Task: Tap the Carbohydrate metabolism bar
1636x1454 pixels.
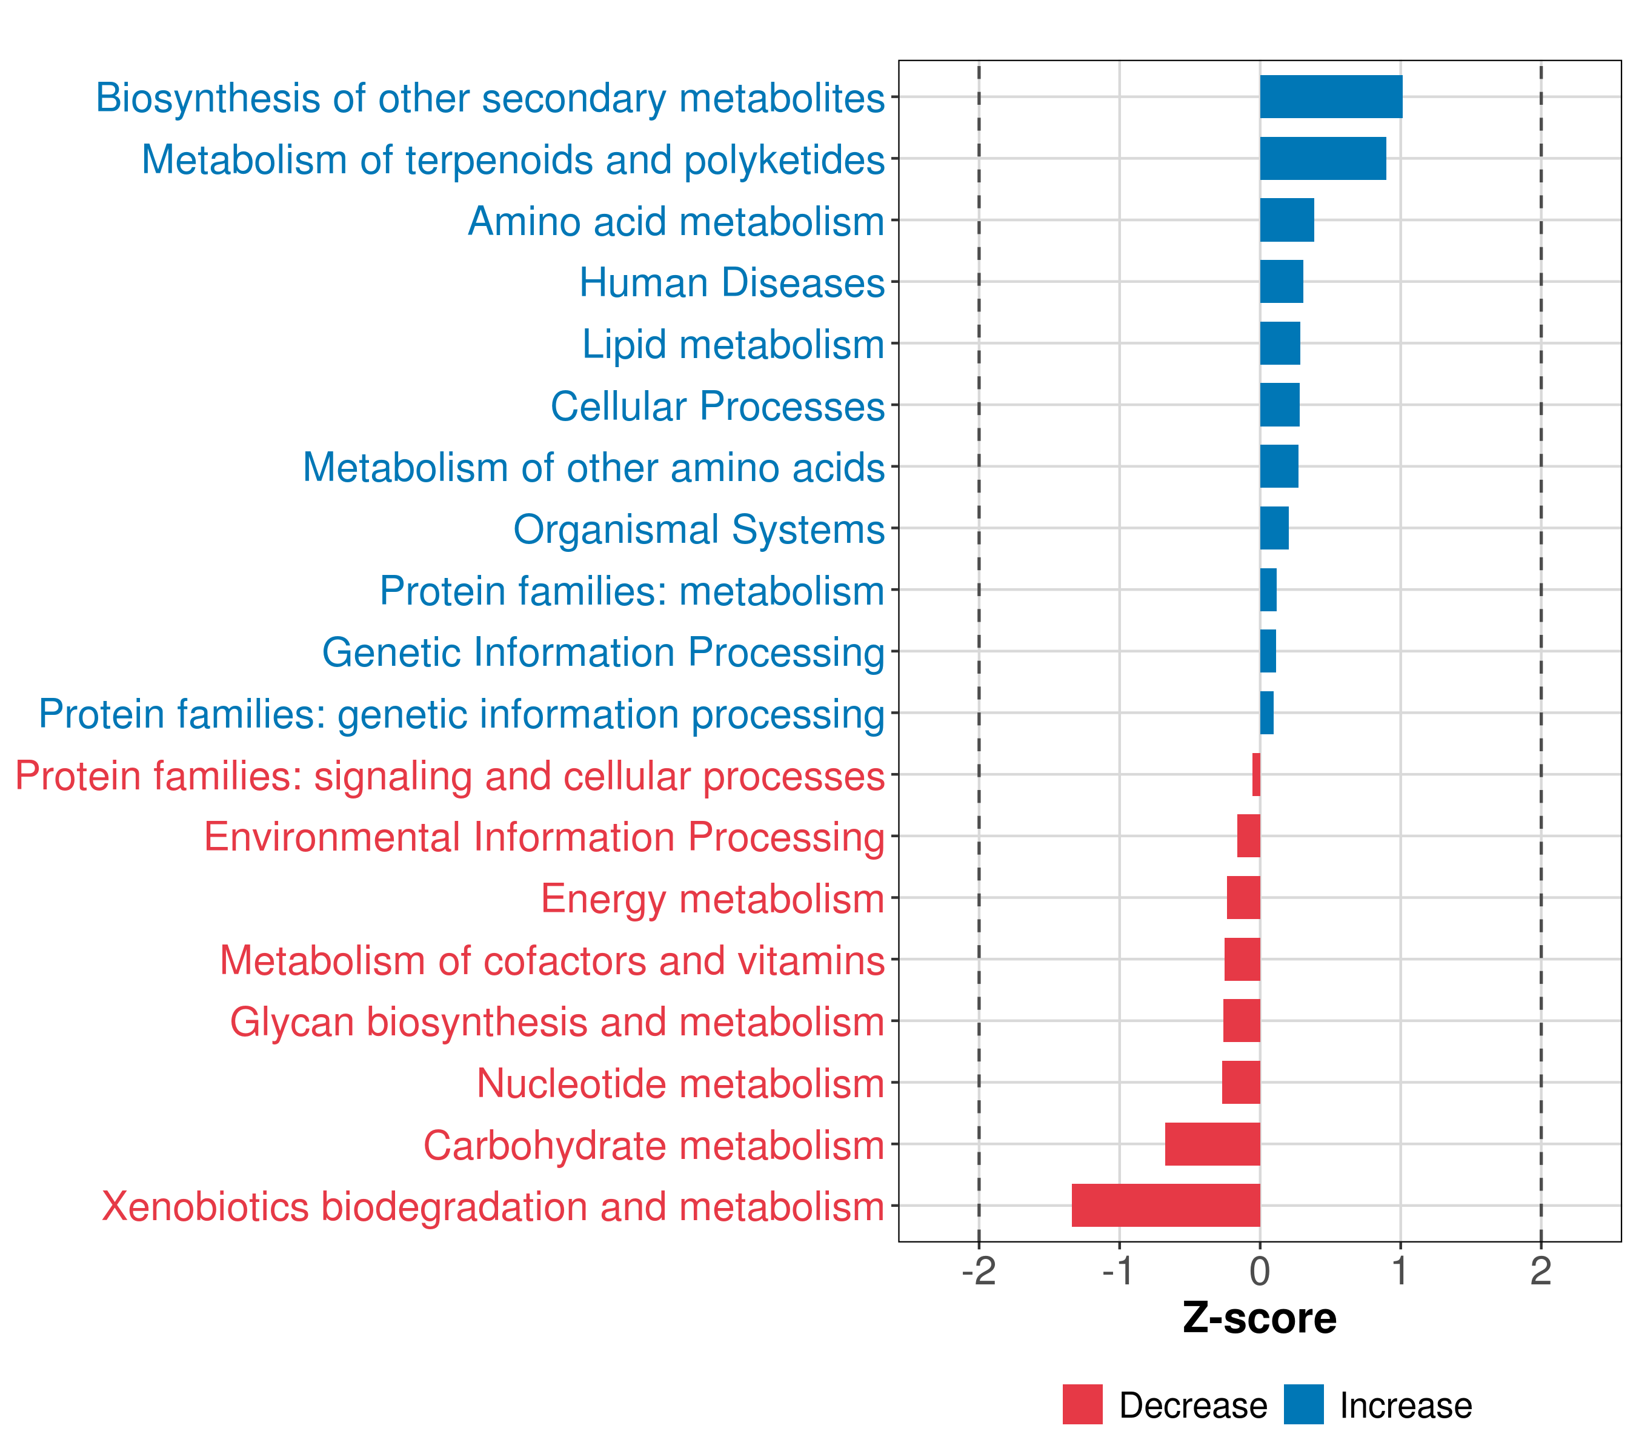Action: pyautogui.click(x=1212, y=1144)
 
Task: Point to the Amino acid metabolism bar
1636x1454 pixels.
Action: pyautogui.click(x=1286, y=220)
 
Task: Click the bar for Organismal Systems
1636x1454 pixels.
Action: pyautogui.click(x=1274, y=528)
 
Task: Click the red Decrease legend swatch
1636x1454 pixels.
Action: pyautogui.click(x=1082, y=1404)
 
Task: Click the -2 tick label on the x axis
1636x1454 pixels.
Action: pyautogui.click(x=978, y=1272)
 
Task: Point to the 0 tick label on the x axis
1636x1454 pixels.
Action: pyautogui.click(x=1260, y=1272)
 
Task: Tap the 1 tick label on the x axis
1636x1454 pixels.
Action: pyautogui.click(x=1400, y=1272)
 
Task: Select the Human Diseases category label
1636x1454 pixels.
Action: pyautogui.click(x=731, y=282)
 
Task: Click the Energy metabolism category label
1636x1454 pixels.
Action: pyautogui.click(x=713, y=898)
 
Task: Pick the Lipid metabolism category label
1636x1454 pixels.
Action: pyautogui.click(x=733, y=344)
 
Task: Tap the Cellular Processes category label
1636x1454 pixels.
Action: pyautogui.click(x=717, y=406)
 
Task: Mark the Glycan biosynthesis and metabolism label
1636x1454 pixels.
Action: pyautogui.click(x=557, y=1022)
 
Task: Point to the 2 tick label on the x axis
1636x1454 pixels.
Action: pyautogui.click(x=1541, y=1272)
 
